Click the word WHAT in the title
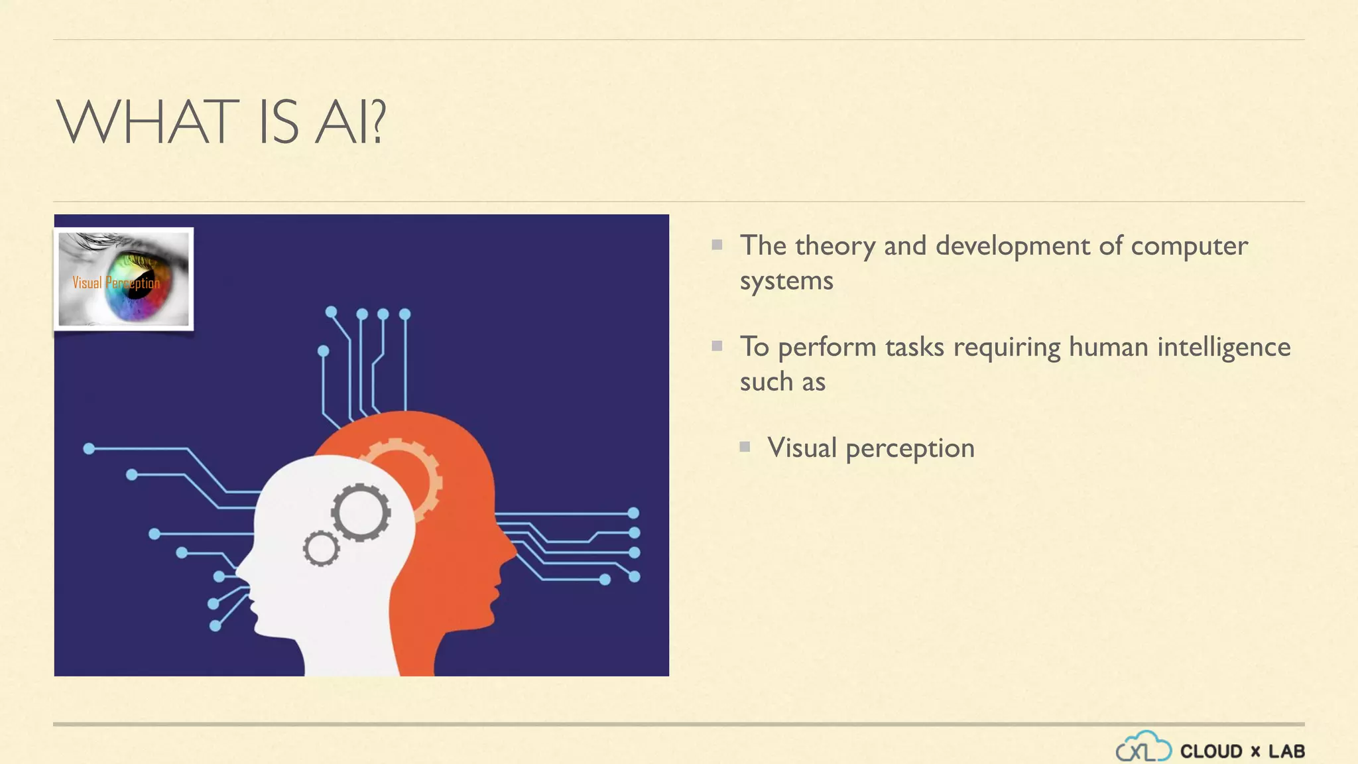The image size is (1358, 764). [147, 122]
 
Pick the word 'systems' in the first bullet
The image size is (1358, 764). [786, 281]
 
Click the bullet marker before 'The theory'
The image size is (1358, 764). [717, 245]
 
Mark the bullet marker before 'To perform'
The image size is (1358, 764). [717, 346]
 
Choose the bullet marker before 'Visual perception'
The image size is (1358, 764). [745, 447]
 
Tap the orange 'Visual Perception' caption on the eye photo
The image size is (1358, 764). [116, 283]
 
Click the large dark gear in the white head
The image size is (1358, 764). [361, 512]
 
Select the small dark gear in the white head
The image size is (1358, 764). [322, 548]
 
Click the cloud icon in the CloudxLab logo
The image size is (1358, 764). [1143, 747]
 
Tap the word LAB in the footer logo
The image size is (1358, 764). [1286, 751]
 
